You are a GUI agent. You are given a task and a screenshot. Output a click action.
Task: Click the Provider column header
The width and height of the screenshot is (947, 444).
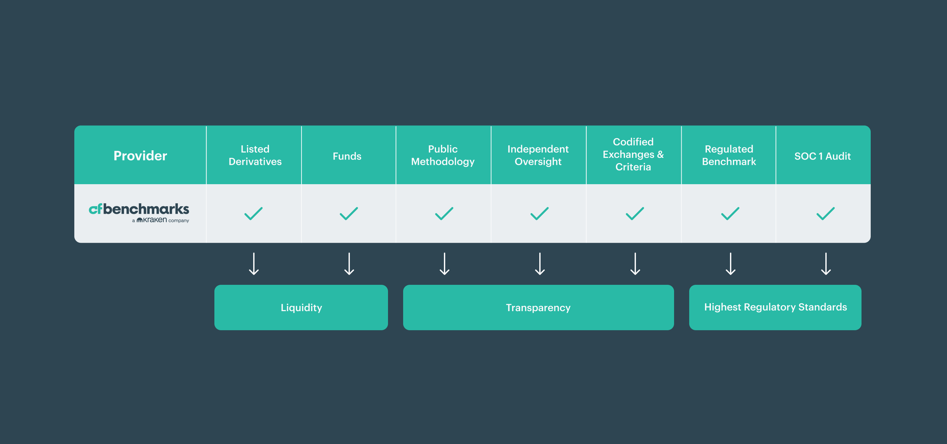[x=140, y=156]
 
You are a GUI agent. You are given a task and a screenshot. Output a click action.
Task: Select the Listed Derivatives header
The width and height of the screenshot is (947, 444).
[x=255, y=155]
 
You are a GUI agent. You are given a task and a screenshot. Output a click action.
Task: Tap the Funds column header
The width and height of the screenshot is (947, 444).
[x=347, y=156]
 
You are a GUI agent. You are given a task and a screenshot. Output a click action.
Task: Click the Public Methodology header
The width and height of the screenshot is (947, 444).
[x=443, y=155]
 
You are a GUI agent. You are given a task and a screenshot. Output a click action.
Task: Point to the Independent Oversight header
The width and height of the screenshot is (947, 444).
[x=538, y=155]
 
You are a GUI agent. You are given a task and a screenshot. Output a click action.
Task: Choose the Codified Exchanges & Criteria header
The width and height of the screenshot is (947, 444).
[x=633, y=154]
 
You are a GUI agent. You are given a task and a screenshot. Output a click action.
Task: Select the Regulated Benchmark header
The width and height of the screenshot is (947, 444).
[x=729, y=155]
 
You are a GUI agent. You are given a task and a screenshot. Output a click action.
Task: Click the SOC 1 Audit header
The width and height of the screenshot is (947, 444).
[x=822, y=156]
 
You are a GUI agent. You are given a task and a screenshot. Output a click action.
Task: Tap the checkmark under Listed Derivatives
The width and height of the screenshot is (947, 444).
[x=254, y=213]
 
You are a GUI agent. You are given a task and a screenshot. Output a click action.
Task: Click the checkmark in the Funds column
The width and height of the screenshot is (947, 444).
[x=349, y=213]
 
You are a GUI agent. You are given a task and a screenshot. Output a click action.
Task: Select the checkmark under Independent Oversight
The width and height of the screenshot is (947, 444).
[x=539, y=213]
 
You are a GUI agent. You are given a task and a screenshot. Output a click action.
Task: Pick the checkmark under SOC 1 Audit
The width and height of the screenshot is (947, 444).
[x=825, y=213]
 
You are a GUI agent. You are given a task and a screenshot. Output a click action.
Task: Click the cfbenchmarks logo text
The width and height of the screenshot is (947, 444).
[x=139, y=209]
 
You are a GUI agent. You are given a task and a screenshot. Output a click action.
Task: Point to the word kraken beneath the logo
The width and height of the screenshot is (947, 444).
[x=155, y=220]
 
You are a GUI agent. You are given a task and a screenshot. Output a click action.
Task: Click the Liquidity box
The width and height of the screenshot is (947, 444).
[x=301, y=307]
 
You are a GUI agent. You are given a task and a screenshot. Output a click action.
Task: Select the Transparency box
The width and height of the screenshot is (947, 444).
[x=538, y=307]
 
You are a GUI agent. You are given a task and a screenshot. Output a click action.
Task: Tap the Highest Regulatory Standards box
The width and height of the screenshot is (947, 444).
[x=775, y=307]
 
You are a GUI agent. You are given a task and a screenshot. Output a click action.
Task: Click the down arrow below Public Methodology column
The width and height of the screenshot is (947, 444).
[x=445, y=264]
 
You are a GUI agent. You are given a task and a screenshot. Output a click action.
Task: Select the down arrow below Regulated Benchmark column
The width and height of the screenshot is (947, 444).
[x=730, y=264]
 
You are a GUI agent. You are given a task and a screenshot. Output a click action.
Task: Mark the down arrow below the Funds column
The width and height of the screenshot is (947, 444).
[x=349, y=264]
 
